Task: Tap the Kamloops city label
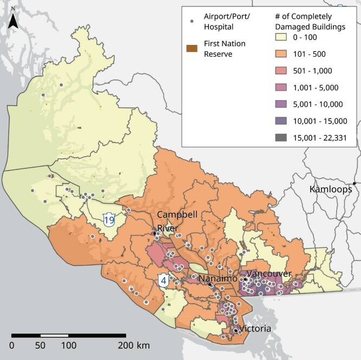(330, 189)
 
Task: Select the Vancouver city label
(269, 274)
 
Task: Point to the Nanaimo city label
(218, 278)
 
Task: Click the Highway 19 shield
(109, 220)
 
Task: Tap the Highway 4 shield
(163, 281)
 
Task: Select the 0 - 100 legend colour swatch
(281, 37)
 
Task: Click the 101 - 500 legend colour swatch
(281, 54)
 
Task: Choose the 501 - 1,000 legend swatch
(281, 71)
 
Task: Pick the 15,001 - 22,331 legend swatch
(281, 138)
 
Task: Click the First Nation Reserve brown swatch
(192, 49)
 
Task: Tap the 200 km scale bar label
(135, 345)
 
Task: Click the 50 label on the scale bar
(40, 345)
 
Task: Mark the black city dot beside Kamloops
(355, 184)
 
